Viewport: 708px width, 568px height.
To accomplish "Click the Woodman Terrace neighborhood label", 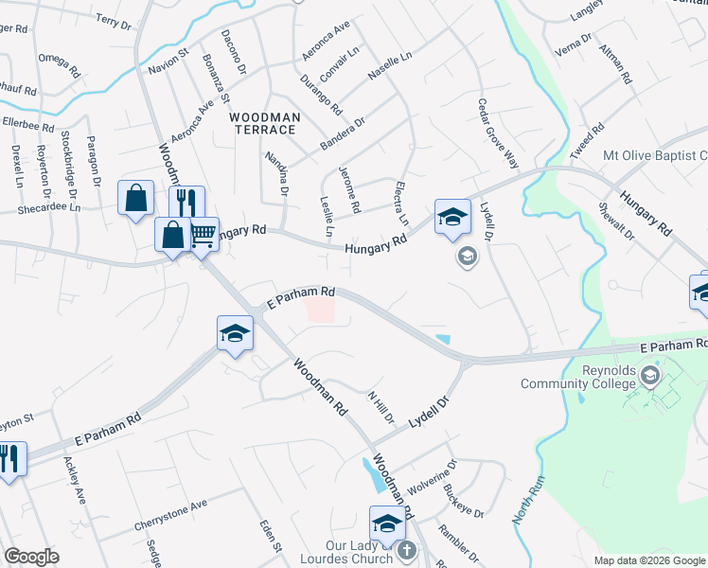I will [265, 123].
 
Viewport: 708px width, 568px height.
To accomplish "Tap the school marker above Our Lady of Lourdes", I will [387, 523].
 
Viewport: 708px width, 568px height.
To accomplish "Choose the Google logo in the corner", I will [31, 557].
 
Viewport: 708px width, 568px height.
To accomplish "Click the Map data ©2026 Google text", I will [648, 560].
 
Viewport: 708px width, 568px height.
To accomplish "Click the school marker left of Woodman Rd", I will [235, 333].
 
